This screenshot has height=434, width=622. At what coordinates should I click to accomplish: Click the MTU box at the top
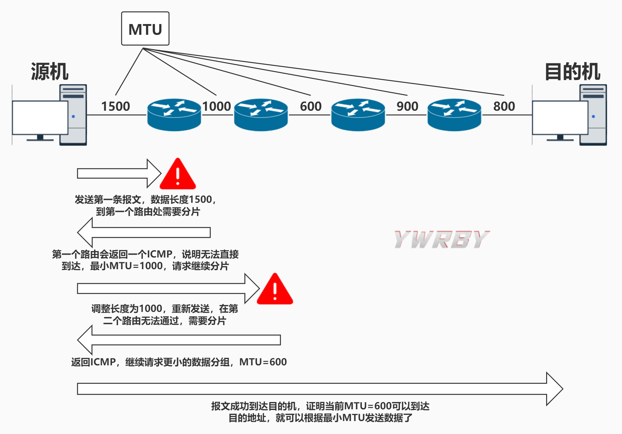(x=145, y=29)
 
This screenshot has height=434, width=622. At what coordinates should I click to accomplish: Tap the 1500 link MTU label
(x=115, y=106)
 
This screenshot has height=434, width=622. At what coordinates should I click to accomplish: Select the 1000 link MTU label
(x=216, y=106)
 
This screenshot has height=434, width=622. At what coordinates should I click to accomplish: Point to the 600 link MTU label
(x=311, y=106)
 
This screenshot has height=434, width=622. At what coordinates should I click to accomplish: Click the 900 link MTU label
(x=407, y=106)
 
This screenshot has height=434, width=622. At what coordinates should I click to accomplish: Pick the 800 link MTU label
(x=504, y=106)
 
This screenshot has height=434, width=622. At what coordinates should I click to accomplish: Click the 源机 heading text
(x=50, y=71)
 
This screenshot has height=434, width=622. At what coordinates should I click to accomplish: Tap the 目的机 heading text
(x=572, y=71)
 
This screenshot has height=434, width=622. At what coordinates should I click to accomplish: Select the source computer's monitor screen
(x=40, y=117)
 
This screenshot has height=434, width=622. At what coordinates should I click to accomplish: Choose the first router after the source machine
(x=174, y=115)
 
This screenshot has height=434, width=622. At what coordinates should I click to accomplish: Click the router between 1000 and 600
(x=261, y=115)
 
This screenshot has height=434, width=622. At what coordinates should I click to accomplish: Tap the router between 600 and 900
(x=358, y=115)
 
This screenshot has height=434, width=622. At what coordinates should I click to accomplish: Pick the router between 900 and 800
(x=454, y=115)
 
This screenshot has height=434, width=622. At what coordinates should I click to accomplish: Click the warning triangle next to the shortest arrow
(x=178, y=175)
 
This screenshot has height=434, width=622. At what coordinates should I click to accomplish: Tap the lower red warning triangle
(x=275, y=290)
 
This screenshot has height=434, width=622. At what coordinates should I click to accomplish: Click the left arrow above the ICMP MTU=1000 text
(x=144, y=232)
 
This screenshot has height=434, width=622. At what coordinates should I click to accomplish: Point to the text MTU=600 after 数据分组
(x=263, y=362)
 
